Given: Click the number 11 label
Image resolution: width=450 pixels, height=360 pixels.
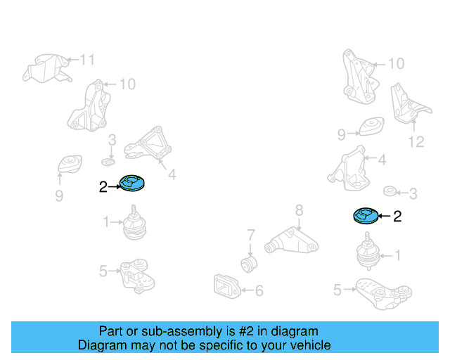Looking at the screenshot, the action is coord(87,60).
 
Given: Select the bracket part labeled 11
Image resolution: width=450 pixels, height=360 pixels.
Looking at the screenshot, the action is coord(47,68).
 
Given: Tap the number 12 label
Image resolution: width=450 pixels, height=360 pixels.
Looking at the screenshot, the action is coord(416,142).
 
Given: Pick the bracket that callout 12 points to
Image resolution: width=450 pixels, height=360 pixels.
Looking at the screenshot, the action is coord(409,105).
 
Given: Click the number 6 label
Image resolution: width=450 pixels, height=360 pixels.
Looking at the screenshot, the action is coord(259,290).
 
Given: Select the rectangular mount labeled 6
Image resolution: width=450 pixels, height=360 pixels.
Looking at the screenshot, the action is coord(226,286).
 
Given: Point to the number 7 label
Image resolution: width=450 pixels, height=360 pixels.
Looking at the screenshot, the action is coord(251,235).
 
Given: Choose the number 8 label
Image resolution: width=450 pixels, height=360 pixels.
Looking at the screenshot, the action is coord(299,210).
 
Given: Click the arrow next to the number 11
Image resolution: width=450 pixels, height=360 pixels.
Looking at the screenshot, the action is coord(72,60).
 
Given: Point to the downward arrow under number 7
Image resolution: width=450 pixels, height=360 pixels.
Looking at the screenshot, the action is coord(250,249).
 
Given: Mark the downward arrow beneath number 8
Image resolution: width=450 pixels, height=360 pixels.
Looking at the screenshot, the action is coord(299,223).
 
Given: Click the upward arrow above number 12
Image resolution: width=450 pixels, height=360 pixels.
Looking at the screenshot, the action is coord(414,127).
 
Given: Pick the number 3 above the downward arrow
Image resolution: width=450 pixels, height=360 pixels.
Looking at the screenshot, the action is coord(112,140).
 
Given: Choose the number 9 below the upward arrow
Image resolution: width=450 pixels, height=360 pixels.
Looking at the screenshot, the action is coord(59,195).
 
